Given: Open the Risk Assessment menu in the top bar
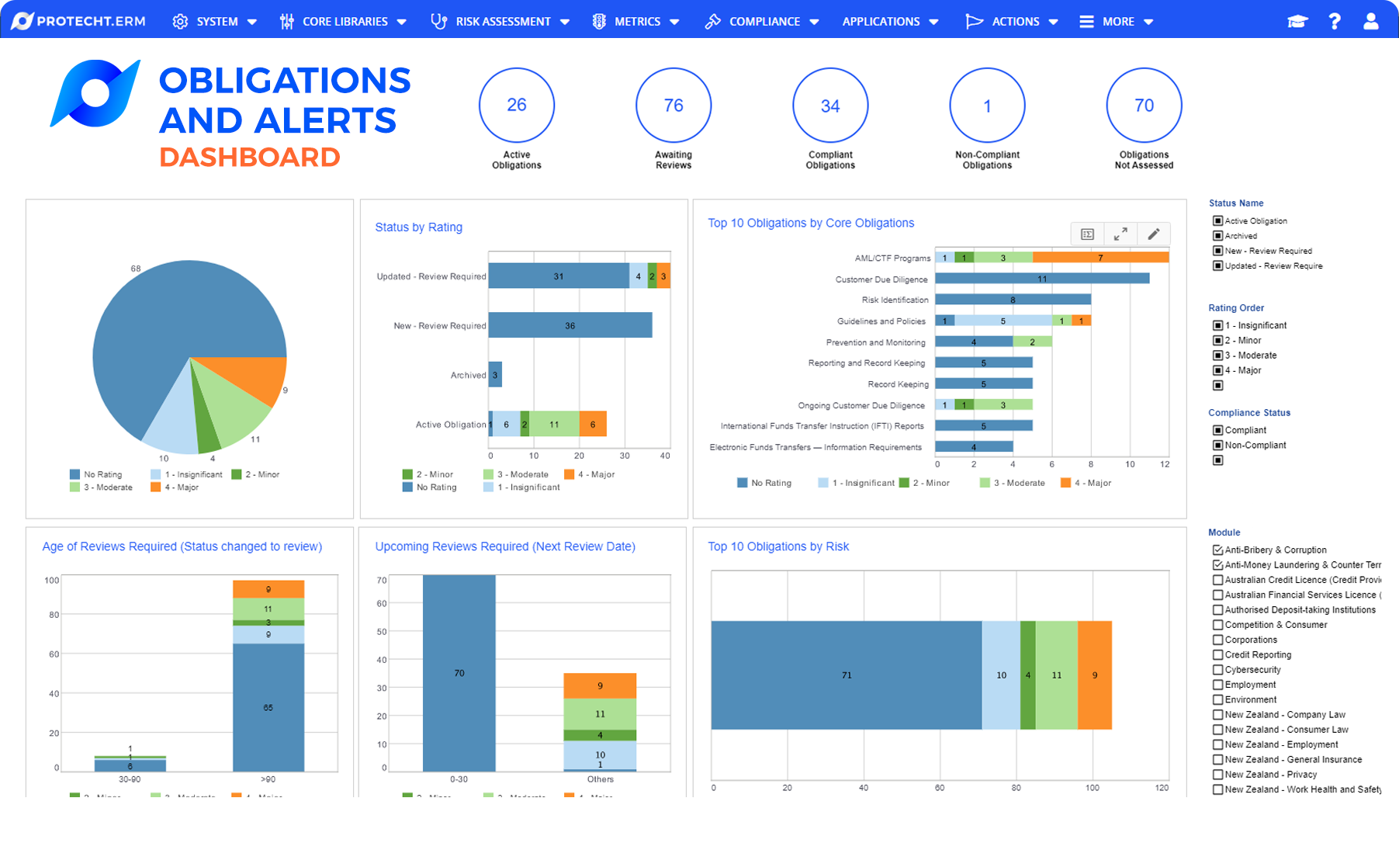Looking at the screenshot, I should pyautogui.click(x=500, y=22).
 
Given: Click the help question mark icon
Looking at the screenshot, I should pyautogui.click(x=1334, y=22).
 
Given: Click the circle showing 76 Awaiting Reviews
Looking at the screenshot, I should pyautogui.click(x=673, y=106).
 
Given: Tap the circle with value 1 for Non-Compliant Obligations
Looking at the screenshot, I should pyautogui.click(x=987, y=106).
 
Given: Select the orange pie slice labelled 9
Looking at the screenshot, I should pyautogui.click(x=256, y=376).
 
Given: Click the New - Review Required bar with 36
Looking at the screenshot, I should pyautogui.click(x=570, y=325).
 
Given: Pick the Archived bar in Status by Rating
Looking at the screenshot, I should pyautogui.click(x=495, y=375).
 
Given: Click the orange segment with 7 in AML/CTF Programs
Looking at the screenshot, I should pyautogui.click(x=1099, y=258).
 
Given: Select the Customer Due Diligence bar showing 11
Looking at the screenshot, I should pyautogui.click(x=1041, y=279).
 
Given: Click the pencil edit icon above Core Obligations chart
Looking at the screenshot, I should pyautogui.click(x=1153, y=234).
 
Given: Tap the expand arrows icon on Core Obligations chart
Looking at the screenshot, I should pyautogui.click(x=1120, y=234).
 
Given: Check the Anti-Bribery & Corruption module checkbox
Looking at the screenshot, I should pyautogui.click(x=1217, y=550).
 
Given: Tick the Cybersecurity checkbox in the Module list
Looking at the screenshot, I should pyautogui.click(x=1217, y=670).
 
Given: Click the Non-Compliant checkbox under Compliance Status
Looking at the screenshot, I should pyautogui.click(x=1217, y=446).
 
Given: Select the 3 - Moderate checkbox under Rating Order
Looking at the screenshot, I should pyautogui.click(x=1217, y=356).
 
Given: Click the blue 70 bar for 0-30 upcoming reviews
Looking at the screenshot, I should pyautogui.click(x=459, y=673).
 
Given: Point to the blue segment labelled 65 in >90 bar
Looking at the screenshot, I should pyautogui.click(x=268, y=707).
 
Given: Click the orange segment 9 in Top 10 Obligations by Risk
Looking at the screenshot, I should pyautogui.click(x=1094, y=675).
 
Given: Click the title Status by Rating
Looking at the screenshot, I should pyautogui.click(x=418, y=227).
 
